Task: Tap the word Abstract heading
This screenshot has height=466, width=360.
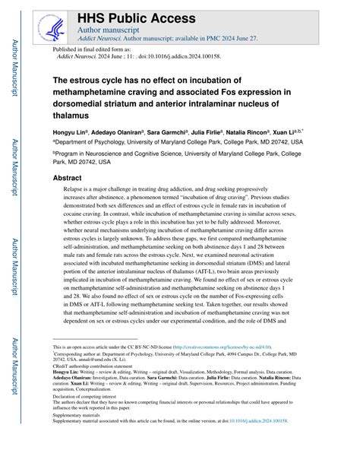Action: (x=67, y=177)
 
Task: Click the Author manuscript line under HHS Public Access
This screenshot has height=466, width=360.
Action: (x=108, y=30)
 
